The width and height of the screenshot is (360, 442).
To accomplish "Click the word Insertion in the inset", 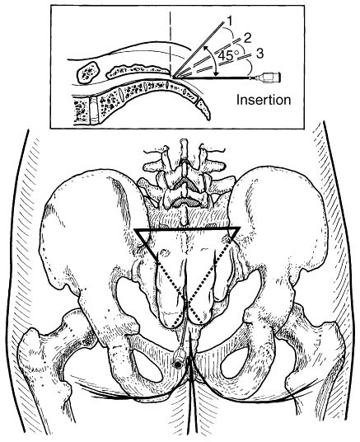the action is [264, 100].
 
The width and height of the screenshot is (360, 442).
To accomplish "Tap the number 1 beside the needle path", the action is [230, 21].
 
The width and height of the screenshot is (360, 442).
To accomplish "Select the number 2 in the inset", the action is [247, 38].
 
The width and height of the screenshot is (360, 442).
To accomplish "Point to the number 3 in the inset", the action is [259, 54].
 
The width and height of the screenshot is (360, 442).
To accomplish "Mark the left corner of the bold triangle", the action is [135, 229].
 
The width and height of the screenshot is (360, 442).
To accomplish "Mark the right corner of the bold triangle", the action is [240, 228].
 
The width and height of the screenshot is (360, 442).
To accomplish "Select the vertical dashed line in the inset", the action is [171, 42].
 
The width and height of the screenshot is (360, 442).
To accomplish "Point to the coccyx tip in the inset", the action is [208, 119].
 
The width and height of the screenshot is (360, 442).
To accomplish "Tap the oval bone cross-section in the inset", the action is [88, 73].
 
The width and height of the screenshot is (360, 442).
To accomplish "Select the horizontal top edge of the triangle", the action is [188, 228].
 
